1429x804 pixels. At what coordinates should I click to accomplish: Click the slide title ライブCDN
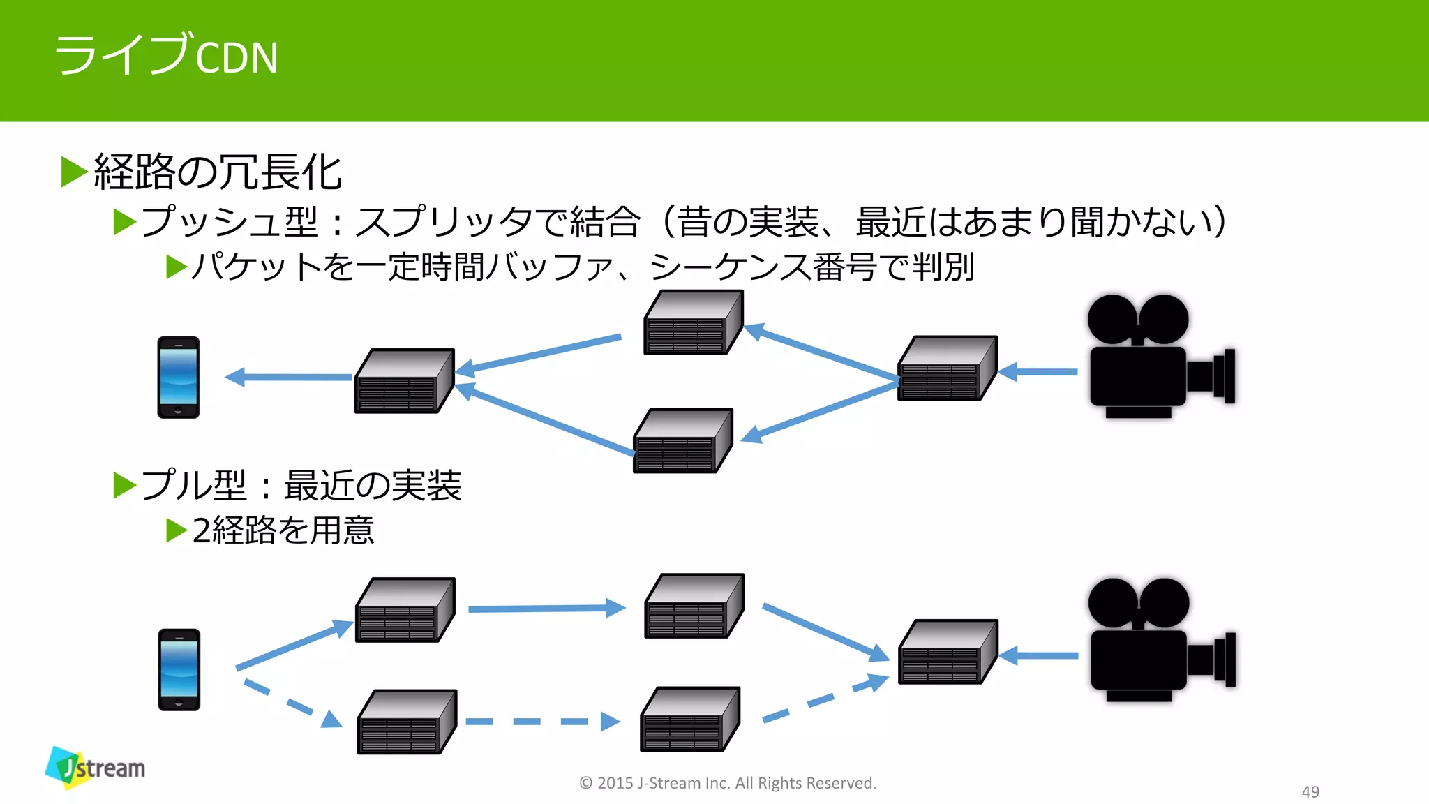166,56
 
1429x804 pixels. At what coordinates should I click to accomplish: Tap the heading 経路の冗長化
217,172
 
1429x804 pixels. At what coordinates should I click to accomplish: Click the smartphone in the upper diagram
179,378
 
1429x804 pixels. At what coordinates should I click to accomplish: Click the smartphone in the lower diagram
179,669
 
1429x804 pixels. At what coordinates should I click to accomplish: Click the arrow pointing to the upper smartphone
288,377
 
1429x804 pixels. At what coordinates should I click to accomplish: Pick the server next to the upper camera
947,368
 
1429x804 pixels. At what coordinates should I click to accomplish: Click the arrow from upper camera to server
1038,372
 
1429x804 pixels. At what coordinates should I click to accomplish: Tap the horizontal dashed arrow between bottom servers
542,722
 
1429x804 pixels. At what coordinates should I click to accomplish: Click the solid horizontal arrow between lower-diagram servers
546,609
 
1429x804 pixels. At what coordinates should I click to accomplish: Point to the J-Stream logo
96,768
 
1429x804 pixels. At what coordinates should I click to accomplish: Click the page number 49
1310,791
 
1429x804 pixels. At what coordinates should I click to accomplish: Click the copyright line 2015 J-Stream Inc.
728,783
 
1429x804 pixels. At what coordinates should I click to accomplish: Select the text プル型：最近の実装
301,485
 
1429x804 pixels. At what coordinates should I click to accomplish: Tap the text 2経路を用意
283,530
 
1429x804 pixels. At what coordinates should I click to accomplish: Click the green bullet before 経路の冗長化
73,172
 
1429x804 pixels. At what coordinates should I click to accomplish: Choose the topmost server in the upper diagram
693,322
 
